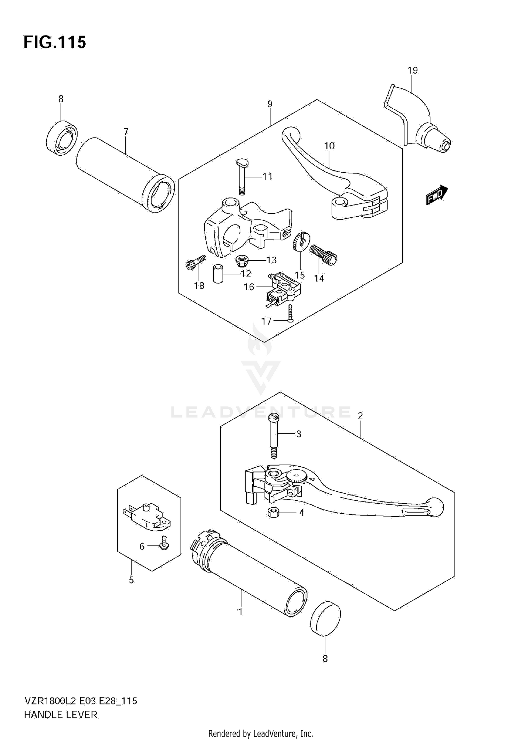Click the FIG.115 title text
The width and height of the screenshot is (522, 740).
[x=55, y=42]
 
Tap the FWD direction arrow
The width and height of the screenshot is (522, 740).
[x=437, y=194]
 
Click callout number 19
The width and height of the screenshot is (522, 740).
[x=412, y=70]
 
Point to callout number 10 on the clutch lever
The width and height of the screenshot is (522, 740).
[x=329, y=146]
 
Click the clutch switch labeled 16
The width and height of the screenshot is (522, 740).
[x=284, y=290]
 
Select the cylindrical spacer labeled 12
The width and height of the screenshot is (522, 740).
[x=218, y=274]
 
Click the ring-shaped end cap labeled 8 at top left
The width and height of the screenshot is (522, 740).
[x=62, y=138]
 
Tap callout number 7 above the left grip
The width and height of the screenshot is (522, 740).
[x=126, y=132]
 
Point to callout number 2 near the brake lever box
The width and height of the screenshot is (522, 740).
[x=360, y=416]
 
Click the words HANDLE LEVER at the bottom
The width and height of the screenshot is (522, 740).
[x=61, y=715]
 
